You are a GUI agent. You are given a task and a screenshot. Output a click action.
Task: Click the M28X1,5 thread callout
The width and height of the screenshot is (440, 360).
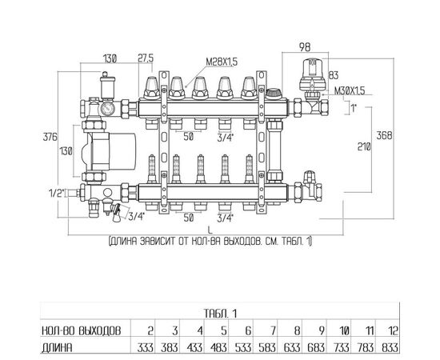(x=222, y=62)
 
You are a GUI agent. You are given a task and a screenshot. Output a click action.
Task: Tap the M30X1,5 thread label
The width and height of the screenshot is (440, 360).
(x=350, y=91)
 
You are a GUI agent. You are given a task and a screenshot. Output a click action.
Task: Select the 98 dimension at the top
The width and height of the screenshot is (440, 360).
(x=305, y=47)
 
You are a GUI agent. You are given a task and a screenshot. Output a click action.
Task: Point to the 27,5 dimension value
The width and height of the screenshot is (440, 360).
(x=146, y=58)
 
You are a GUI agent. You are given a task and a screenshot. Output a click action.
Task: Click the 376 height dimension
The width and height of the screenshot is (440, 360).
(x=50, y=138)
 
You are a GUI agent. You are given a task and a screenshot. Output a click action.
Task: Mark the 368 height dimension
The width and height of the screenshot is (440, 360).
(x=384, y=135)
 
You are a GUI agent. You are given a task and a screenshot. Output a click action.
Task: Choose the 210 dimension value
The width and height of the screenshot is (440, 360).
(x=364, y=146)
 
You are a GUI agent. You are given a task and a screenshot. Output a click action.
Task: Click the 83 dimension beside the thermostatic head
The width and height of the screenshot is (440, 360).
(x=333, y=75)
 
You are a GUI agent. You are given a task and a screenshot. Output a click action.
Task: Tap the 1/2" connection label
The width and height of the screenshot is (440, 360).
(x=57, y=193)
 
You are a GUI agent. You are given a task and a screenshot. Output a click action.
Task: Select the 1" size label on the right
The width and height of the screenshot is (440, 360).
(x=354, y=108)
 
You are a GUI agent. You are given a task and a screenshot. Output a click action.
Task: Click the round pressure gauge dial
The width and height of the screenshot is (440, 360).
(x=106, y=108)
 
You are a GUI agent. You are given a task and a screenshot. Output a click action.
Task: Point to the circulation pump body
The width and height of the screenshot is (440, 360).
(x=109, y=151)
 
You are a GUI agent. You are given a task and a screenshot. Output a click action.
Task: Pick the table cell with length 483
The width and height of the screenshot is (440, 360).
(x=218, y=348)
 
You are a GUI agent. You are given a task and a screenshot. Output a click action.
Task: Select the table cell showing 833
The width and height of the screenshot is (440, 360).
(x=390, y=348)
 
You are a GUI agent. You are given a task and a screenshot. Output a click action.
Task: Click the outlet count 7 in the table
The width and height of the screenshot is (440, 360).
(x=273, y=331)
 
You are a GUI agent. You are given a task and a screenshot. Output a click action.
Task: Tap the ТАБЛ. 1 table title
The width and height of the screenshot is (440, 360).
(x=221, y=314)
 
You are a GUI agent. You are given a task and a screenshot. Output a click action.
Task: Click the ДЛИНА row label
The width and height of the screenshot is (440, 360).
(x=57, y=348)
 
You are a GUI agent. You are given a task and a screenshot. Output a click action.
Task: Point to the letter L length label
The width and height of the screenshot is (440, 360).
(x=210, y=230)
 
